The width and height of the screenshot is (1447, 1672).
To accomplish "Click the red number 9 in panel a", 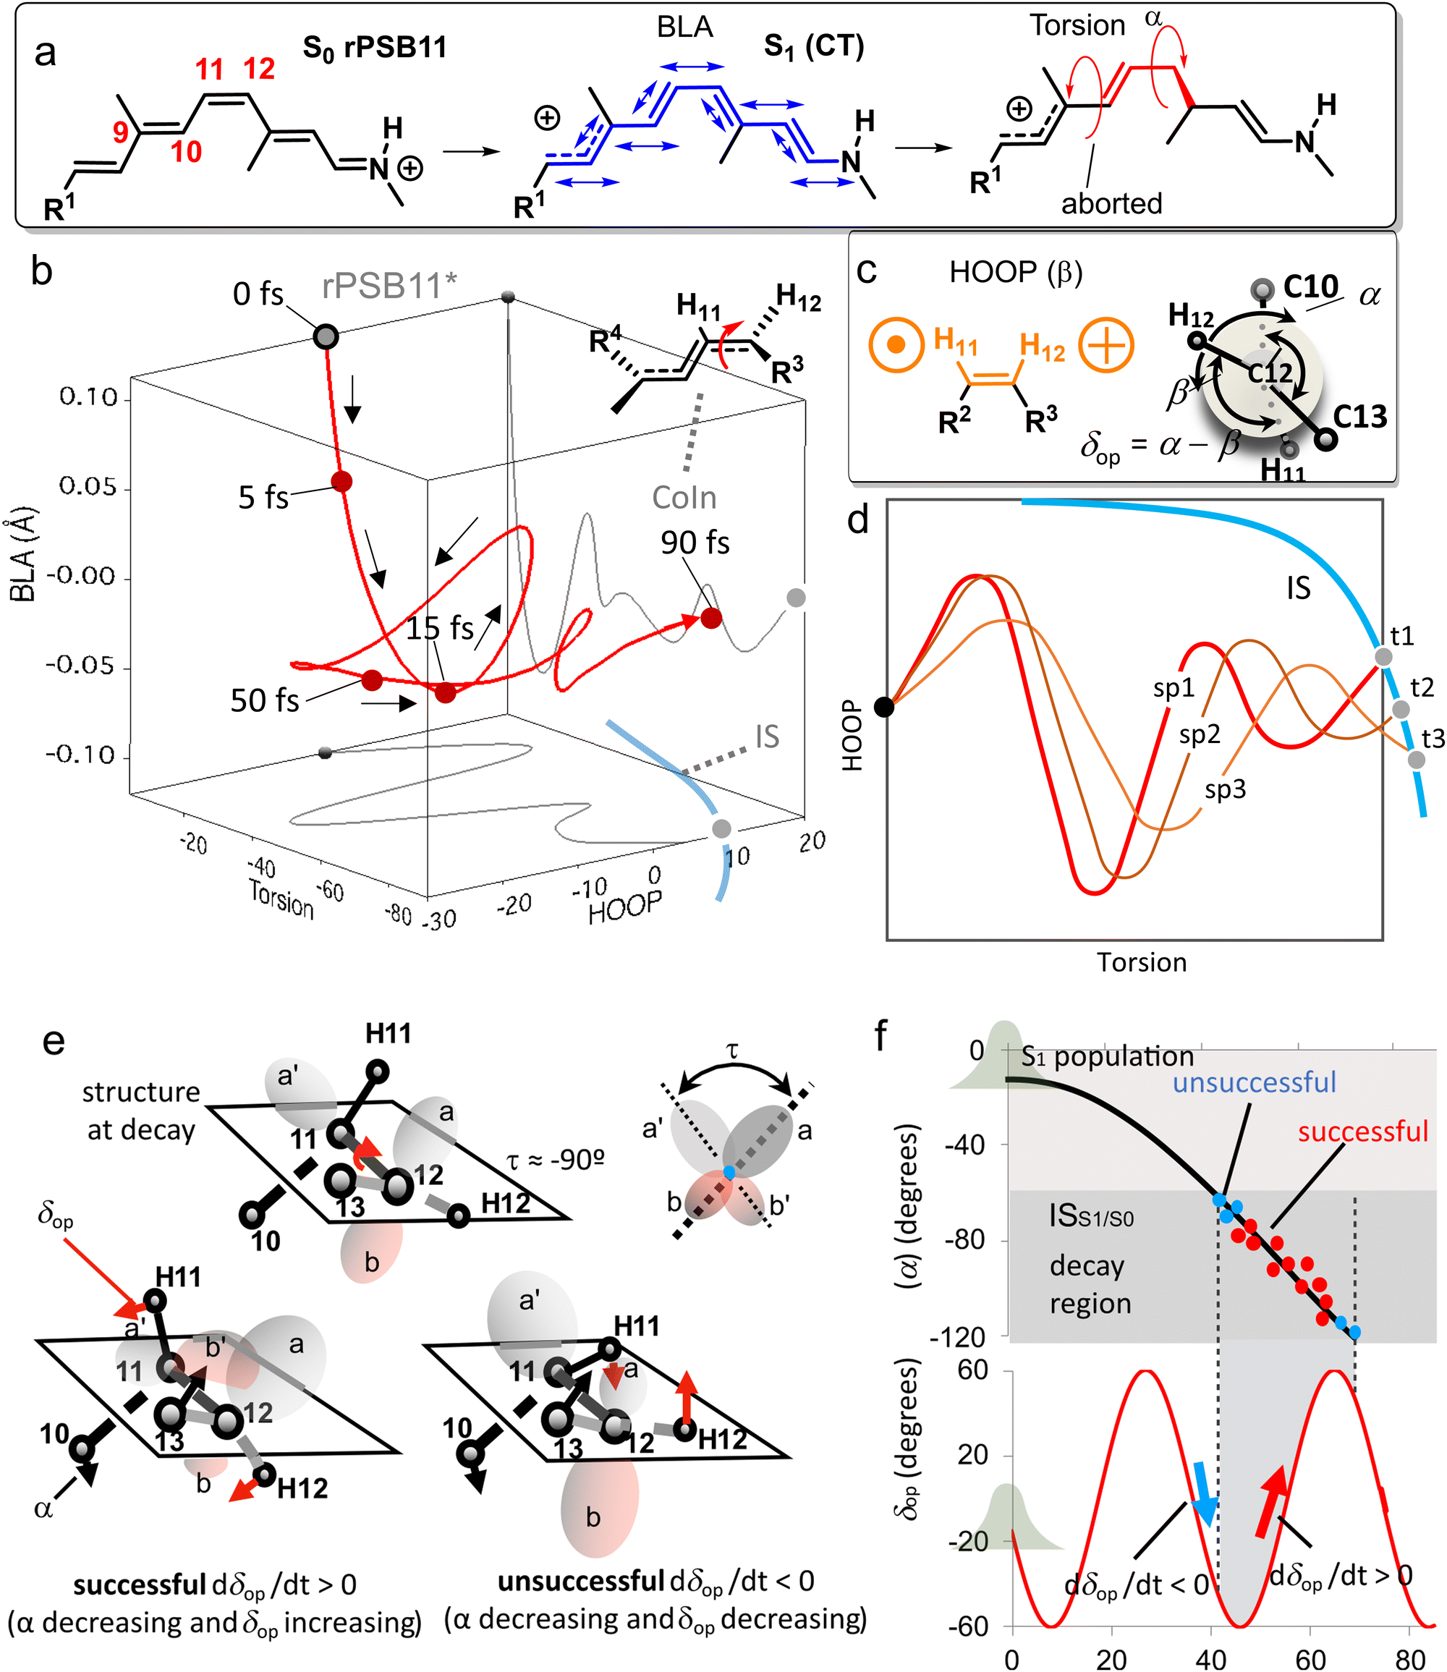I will click(x=120, y=132).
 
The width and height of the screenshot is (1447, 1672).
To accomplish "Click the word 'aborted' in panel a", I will click(x=1111, y=203).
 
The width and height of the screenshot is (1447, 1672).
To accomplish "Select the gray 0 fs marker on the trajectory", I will click(x=326, y=336).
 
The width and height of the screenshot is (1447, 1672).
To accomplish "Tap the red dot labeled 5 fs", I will click(x=341, y=482).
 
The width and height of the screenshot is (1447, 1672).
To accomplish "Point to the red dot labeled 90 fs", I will click(x=710, y=619).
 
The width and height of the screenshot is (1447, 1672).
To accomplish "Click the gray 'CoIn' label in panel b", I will click(x=684, y=498).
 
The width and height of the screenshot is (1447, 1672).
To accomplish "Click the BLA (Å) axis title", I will click(x=22, y=555).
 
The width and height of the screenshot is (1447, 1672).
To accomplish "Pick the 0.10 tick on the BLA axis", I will click(x=89, y=397).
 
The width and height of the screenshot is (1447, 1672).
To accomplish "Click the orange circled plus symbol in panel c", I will click(x=1106, y=346).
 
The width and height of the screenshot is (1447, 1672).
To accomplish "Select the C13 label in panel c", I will click(x=1359, y=417).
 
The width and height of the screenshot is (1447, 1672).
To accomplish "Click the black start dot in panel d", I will click(x=884, y=708).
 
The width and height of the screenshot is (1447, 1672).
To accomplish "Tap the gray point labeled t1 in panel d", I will click(x=1383, y=657).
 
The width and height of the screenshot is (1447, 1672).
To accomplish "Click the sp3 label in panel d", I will click(x=1225, y=789).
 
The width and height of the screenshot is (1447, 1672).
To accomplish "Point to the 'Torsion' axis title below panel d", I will click(x=1141, y=962).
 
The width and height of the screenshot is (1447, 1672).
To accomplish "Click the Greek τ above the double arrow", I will click(x=732, y=1051).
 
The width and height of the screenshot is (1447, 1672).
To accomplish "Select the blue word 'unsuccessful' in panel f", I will click(x=1254, y=1082).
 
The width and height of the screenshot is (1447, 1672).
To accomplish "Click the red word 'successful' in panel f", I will click(x=1363, y=1132).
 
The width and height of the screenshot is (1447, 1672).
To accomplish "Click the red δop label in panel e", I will click(x=54, y=1213).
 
